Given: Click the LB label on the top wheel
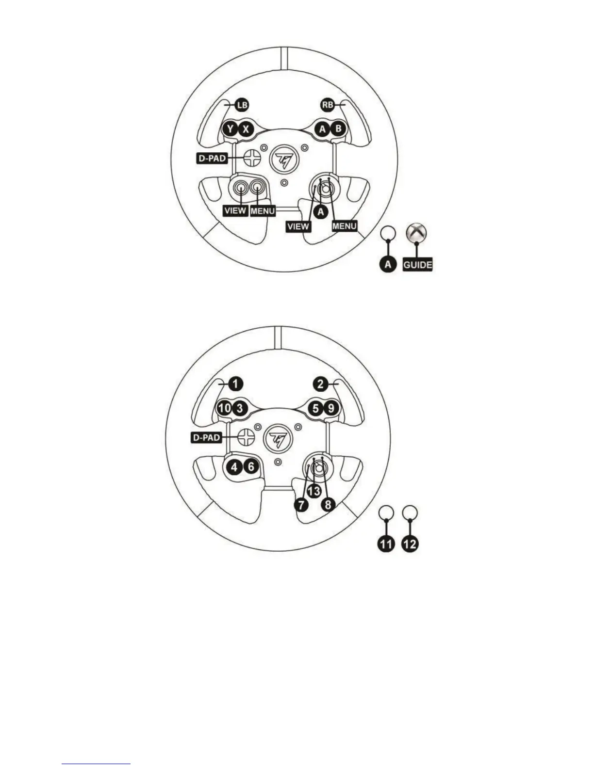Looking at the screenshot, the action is point(241,104).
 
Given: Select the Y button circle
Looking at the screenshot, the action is point(231,129).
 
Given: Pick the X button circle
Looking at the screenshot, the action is point(247,129).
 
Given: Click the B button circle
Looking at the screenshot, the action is point(338,128).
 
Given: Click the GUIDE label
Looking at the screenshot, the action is point(417,265).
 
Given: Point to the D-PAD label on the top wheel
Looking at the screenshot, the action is point(212,158).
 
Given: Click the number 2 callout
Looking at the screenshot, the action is point(320,384).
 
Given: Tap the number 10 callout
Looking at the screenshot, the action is point(225,408).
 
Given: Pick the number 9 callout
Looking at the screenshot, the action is point(331,408).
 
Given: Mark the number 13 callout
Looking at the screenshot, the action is point(314,491).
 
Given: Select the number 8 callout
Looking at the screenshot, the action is point(328,505).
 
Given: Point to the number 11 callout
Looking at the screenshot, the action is point(386,544).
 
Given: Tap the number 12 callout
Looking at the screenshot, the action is point(410,544).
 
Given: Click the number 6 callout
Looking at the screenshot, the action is point(250,467).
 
